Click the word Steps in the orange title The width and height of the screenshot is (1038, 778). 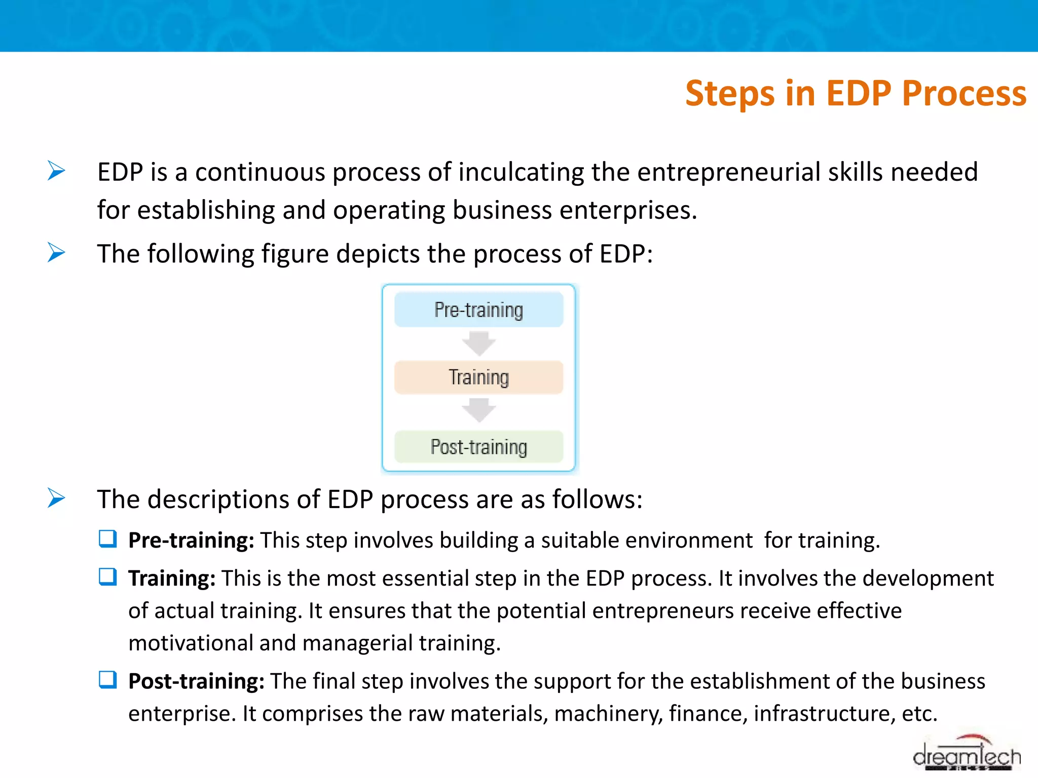point(730,94)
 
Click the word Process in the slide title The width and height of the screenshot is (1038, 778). point(963,94)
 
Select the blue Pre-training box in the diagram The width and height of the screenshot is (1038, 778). point(478,309)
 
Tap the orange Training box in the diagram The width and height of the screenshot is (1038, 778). point(478,377)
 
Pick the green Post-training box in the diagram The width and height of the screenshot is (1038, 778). point(478,447)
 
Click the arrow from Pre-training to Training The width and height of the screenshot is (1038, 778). point(478,344)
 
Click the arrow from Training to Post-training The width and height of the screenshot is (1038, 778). point(478,411)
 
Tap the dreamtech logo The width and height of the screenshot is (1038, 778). point(966,755)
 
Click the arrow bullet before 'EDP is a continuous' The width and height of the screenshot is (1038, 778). point(56,171)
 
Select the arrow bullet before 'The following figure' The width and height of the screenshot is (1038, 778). point(56,252)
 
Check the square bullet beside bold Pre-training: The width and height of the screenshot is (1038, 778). point(108,539)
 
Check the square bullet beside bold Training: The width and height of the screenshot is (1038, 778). point(108,577)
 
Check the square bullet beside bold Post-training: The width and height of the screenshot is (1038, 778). point(108,680)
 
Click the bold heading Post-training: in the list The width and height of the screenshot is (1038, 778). point(196,681)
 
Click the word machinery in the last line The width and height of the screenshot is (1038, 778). point(608,714)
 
